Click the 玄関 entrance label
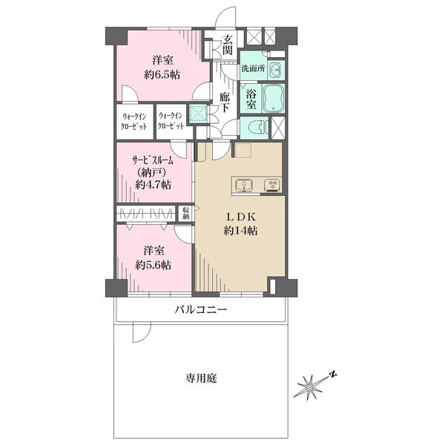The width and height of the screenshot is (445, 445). (228, 44)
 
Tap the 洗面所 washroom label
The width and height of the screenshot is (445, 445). (253, 68)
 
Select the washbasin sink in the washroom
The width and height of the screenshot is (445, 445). (274, 70)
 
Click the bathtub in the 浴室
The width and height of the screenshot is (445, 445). (274, 98)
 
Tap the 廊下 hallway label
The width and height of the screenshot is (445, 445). (225, 102)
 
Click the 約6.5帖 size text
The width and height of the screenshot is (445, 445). (162, 75)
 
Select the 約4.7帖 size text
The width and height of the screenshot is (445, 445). (154, 185)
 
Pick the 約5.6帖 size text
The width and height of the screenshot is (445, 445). (154, 266)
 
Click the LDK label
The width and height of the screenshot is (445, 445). (240, 217)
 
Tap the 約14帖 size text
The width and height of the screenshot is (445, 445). (240, 231)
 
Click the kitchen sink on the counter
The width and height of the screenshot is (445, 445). (244, 185)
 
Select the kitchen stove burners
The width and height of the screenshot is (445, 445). (273, 185)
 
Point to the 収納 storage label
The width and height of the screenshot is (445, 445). (186, 214)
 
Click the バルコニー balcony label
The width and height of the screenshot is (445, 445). (201, 309)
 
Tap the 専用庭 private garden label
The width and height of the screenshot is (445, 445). (201, 378)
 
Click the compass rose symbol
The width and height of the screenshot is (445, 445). (310, 386)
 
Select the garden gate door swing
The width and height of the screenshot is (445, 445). (142, 332)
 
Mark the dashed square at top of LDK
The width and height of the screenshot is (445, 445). (243, 150)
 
